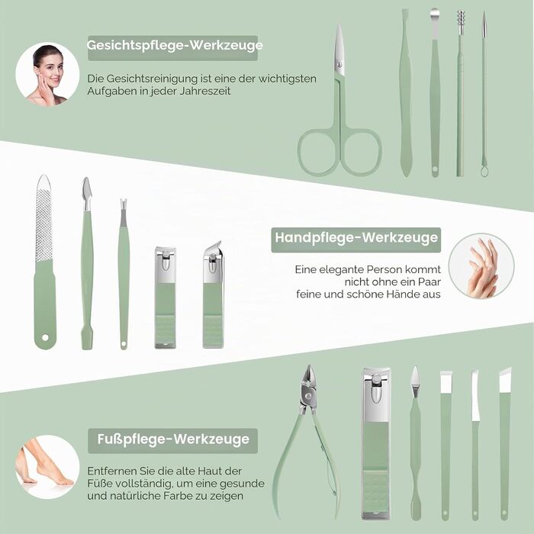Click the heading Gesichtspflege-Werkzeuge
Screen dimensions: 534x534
click(175, 45)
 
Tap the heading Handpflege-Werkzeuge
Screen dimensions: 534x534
click(356, 237)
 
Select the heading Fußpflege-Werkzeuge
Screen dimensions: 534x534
click(173, 439)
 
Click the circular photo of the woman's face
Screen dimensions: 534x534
click(47, 74)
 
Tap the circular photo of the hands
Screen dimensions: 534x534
click(481, 266)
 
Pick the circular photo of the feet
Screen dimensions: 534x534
click(47, 467)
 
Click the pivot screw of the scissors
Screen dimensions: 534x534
click(339, 64)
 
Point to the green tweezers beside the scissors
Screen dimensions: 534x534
click(405, 92)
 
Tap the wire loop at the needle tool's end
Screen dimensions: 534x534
click(484, 170)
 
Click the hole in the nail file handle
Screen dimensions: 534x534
click(45, 337)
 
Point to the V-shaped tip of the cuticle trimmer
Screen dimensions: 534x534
click(124, 204)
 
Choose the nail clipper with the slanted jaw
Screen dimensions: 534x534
click(213, 295)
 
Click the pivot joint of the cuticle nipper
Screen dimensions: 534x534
click(308, 396)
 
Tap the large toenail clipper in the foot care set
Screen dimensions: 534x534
click(375, 443)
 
